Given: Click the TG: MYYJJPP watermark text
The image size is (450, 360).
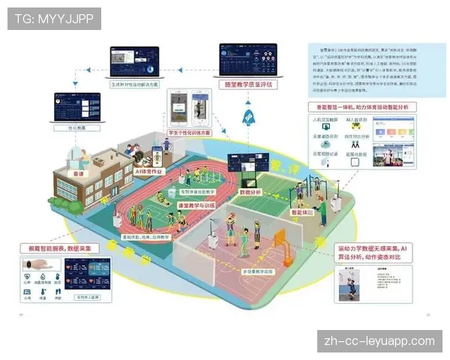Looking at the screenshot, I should click(54, 18).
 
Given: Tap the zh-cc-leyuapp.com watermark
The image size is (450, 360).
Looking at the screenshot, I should click(379, 341).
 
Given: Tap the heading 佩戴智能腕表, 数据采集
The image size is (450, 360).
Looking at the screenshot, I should click(64, 247).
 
